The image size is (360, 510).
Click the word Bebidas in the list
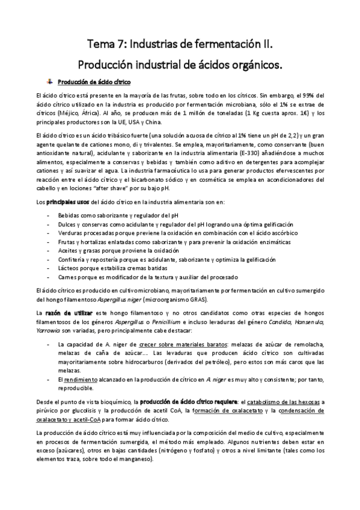[x=70, y=215]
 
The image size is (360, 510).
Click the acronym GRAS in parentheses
[x=195, y=300]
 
